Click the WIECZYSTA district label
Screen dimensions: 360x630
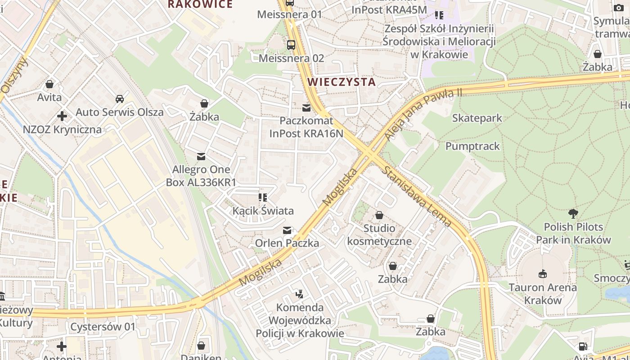pos(342,82)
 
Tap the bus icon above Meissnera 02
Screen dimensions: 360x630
pos(291,45)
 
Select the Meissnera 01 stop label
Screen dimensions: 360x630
pos(290,14)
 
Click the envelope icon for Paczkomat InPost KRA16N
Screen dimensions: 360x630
pos(306,108)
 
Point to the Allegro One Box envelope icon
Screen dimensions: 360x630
pos(201,157)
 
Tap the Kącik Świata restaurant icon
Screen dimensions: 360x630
pos(263,198)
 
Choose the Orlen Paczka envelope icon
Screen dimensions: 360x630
pos(287,230)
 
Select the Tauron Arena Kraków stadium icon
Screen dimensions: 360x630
pos(543,274)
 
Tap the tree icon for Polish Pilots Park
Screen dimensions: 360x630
pos(573,213)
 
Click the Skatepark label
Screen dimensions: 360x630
pos(477,118)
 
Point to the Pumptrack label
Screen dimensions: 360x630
pos(472,146)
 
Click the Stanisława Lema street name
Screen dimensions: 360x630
pos(417,196)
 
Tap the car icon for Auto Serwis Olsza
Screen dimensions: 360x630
pos(120,99)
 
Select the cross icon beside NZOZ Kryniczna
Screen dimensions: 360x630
pos(62,117)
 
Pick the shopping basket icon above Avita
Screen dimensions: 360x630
pos(49,84)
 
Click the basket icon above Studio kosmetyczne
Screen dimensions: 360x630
pos(379,215)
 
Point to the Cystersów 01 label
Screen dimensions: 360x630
pos(103,327)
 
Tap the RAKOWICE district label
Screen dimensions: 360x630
pos(200,4)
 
